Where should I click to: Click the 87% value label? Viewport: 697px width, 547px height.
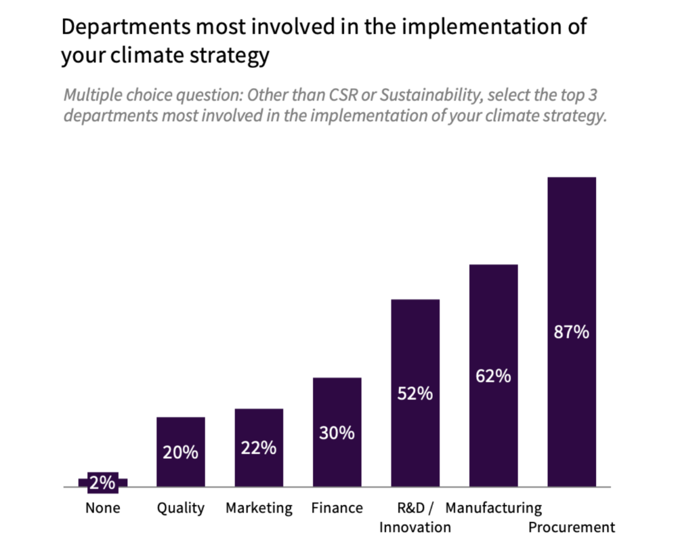click(572, 333)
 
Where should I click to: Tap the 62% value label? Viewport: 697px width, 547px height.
click(493, 376)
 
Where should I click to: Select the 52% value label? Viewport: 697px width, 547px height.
click(415, 394)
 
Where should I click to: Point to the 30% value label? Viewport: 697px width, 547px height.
click(337, 433)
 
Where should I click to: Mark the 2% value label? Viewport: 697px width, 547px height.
click(102, 483)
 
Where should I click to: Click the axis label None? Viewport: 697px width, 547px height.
click(102, 508)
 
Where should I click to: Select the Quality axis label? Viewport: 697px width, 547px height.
click(181, 508)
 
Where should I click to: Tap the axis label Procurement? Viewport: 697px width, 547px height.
click(572, 527)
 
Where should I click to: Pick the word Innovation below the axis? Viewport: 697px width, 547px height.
click(415, 527)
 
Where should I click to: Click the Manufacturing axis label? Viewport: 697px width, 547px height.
click(493, 508)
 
